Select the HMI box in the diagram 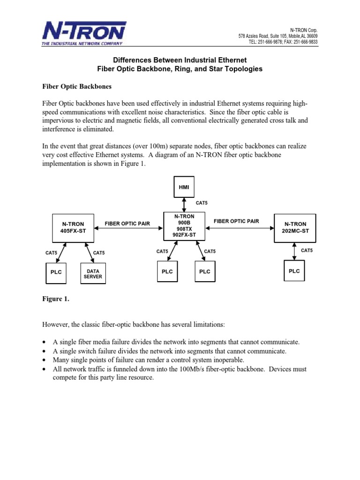coord(184,187)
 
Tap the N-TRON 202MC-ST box coord(295,227)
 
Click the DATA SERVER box coord(93,274)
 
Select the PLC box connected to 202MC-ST coord(294,271)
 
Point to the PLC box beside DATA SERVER coord(56,272)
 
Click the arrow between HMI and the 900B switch coord(184,204)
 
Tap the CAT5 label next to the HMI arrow coord(202,203)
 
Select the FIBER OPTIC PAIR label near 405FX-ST coord(127,224)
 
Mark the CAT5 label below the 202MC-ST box coord(307,251)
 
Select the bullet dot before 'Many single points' coord(44,360)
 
